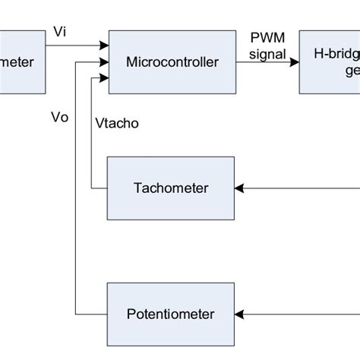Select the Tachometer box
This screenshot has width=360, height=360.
(x=171, y=187)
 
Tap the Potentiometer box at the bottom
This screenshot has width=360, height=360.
(x=171, y=313)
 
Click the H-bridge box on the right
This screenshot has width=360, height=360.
(x=330, y=61)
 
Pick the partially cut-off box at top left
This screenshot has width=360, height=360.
(x=23, y=61)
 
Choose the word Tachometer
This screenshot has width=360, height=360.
(x=171, y=188)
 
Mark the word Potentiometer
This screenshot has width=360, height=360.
(x=171, y=314)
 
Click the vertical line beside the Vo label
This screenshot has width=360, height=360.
(x=76, y=190)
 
